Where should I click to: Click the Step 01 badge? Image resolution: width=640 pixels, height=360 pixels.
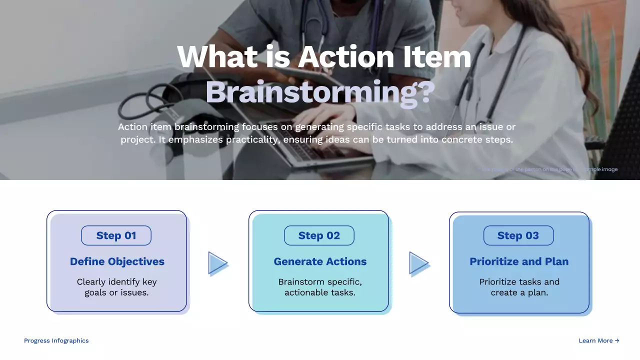click(x=116, y=235)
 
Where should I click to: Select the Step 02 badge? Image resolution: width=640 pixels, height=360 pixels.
click(x=319, y=235)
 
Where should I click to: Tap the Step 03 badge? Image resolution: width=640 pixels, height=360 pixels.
click(x=518, y=235)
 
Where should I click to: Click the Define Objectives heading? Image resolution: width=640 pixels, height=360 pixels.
click(x=117, y=261)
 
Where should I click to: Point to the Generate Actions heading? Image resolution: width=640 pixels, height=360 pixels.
click(x=320, y=261)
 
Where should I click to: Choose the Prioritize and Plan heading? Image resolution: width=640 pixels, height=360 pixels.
click(x=519, y=261)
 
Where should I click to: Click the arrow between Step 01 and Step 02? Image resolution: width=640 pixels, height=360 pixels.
click(x=217, y=263)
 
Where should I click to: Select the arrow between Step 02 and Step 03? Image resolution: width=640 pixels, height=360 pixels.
click(x=418, y=263)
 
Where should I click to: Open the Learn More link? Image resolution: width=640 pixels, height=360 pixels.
click(x=599, y=340)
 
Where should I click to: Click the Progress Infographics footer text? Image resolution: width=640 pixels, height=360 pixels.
click(x=56, y=340)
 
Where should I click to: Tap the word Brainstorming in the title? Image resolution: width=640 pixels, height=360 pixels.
click(x=310, y=93)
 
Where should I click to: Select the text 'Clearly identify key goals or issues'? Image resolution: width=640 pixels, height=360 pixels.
click(x=117, y=287)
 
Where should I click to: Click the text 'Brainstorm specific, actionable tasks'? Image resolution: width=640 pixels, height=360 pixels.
click(x=320, y=287)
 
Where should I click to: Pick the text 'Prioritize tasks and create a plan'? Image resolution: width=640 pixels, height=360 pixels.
click(x=519, y=287)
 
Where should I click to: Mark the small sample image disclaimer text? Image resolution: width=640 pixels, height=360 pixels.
click(x=549, y=169)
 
